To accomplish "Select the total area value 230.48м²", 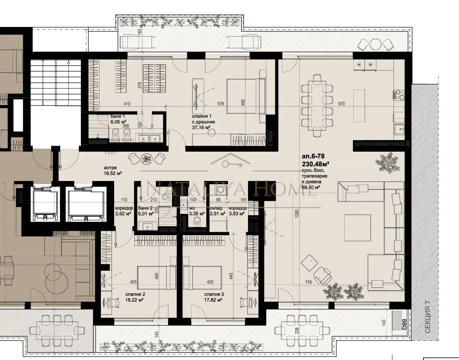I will [316, 164].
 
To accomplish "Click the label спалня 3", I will [214, 294].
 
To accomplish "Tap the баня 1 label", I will [118, 117].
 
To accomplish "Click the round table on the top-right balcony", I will [375, 44].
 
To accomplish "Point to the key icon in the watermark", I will [230, 163].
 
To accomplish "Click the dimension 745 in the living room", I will [309, 282].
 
